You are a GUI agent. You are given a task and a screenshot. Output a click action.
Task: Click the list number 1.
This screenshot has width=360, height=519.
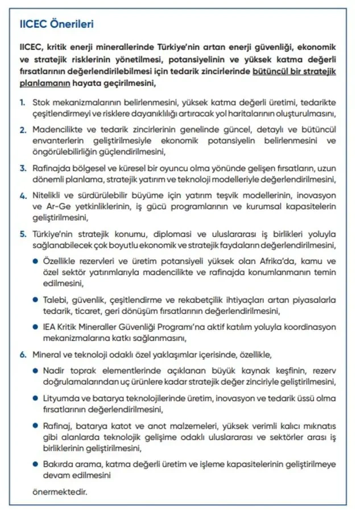pos(22,102)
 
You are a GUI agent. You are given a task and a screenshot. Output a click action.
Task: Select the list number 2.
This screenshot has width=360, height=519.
pos(22,130)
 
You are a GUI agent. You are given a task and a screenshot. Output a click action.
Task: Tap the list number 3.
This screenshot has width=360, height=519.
pos(22,168)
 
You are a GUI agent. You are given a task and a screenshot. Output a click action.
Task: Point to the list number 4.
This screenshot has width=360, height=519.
pos(22,196)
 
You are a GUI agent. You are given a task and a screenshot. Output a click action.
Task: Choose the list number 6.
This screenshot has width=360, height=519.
pos(22,355)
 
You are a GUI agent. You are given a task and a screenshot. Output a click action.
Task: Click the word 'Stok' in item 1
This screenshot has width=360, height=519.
pos(42,102)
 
